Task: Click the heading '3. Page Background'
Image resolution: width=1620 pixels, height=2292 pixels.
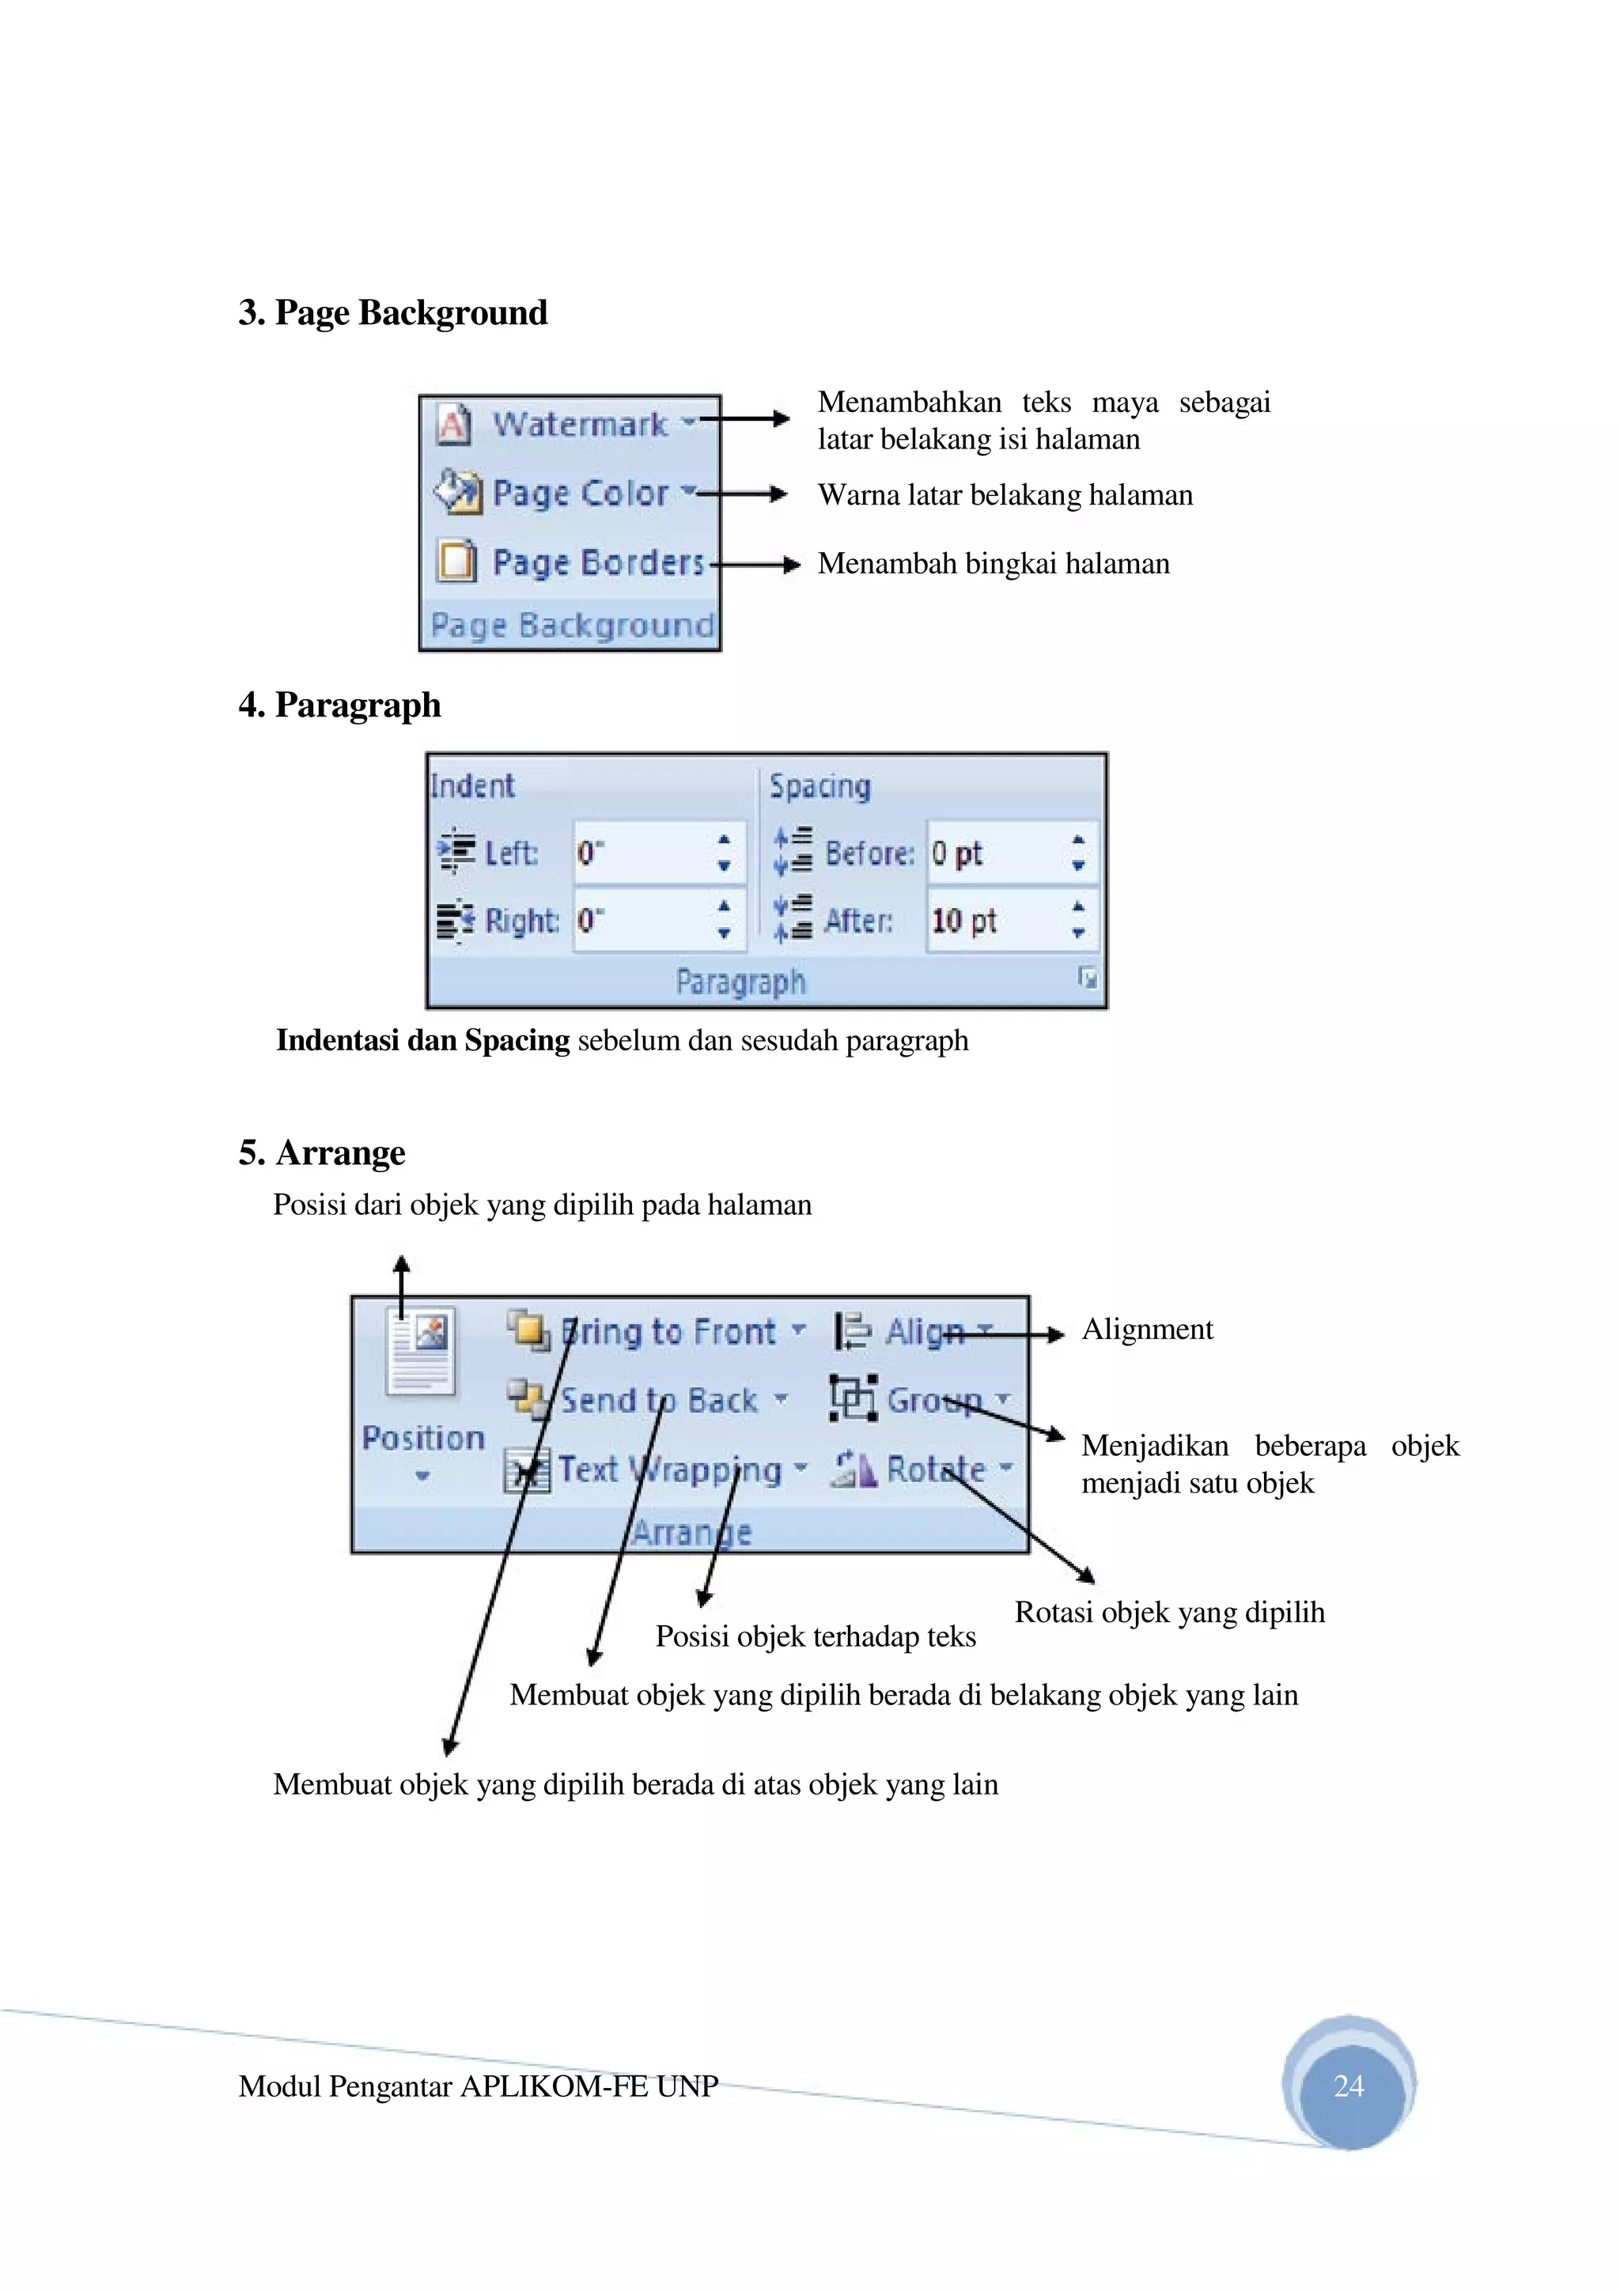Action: [x=392, y=312]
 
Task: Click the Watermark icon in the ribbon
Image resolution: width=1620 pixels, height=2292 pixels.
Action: [x=453, y=423]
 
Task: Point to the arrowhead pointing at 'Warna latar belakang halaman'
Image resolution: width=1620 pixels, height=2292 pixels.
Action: [x=778, y=494]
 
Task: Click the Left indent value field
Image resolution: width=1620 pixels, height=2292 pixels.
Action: [x=644, y=853]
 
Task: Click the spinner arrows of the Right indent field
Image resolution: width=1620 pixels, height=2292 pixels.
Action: [x=725, y=919]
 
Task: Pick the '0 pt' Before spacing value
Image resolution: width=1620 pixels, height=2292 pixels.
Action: [x=956, y=853]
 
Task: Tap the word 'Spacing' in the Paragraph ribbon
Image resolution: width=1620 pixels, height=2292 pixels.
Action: [x=819, y=787]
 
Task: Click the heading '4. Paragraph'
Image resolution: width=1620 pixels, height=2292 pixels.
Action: [x=339, y=705]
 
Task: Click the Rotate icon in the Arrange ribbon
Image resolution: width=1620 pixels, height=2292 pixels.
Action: [x=854, y=1469]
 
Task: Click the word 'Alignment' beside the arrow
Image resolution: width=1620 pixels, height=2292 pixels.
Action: [x=1147, y=1329]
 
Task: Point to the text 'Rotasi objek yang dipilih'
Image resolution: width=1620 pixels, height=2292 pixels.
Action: [x=1169, y=1612]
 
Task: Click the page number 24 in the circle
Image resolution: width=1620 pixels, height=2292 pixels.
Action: [x=1349, y=2086]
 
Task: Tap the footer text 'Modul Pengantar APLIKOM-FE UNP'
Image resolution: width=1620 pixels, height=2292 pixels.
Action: [x=478, y=2086]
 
